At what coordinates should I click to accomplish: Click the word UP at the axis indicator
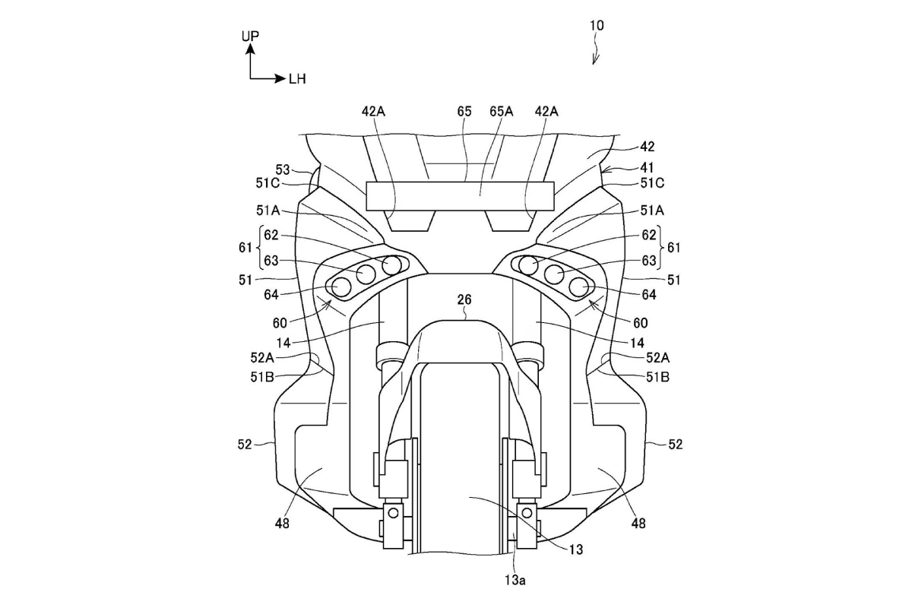(250, 36)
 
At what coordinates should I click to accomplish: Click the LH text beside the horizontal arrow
(297, 79)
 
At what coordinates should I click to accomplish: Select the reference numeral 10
(597, 25)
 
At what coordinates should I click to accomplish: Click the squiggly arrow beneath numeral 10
(597, 52)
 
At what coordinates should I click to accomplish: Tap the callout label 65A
(500, 112)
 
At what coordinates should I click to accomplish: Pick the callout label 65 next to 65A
(464, 112)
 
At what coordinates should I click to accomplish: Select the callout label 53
(283, 169)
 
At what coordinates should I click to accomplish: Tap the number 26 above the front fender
(464, 300)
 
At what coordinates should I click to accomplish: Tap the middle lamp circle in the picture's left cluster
(366, 275)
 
